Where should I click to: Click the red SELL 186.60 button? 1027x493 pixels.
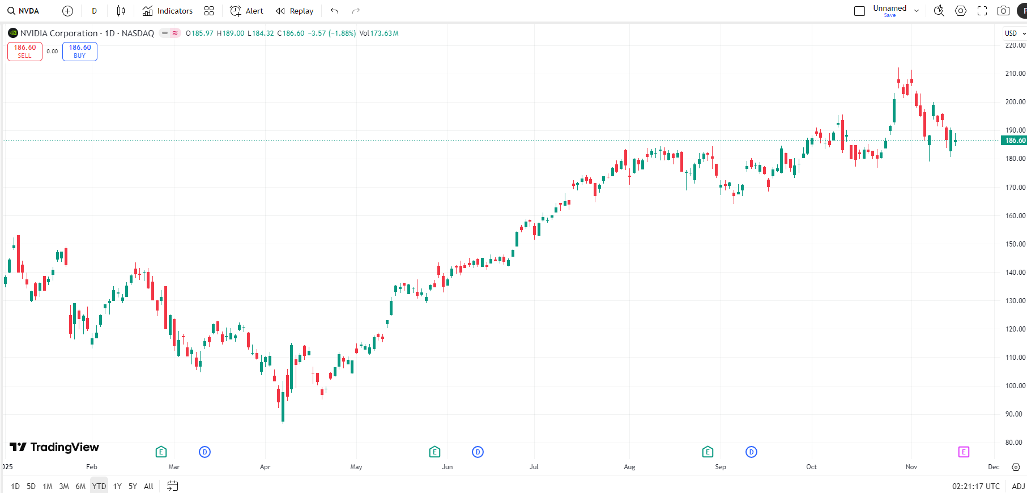25,52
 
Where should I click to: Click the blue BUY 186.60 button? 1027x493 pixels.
80,52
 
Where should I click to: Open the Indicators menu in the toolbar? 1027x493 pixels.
168,11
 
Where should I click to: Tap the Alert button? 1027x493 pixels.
246,11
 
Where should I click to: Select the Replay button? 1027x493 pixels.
295,11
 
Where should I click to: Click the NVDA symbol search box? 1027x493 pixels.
24,11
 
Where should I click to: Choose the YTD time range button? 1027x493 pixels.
99,486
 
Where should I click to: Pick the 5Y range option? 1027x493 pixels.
133,486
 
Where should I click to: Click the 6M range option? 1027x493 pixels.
80,486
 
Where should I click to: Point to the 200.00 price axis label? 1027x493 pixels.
1015,102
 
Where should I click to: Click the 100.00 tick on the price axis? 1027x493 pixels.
1015,386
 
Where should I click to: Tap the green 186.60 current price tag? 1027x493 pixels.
1015,141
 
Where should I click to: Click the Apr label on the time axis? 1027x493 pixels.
265,467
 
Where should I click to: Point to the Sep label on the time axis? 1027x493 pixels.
721,467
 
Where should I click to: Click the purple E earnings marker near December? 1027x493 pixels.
964,452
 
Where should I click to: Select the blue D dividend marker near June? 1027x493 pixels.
478,452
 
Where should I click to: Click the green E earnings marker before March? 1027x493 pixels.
161,452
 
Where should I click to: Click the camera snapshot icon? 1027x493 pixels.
1003,11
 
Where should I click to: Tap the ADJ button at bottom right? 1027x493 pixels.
1018,486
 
